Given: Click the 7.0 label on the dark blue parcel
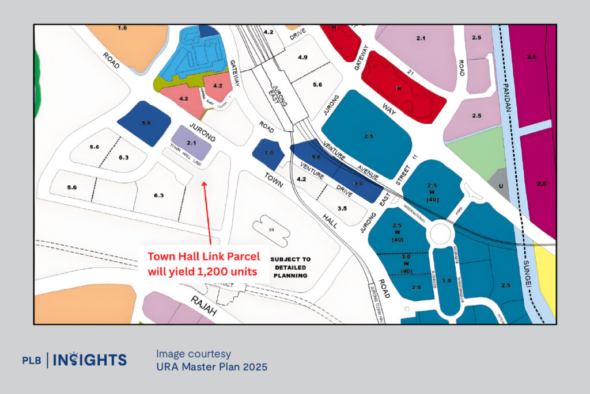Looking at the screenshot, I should click(x=269, y=153).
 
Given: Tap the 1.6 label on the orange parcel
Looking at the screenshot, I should click(x=122, y=28).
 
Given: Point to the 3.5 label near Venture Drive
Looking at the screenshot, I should click(x=326, y=209).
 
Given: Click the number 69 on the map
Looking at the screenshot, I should click(x=271, y=229).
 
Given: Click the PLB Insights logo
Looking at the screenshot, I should click(x=74, y=360).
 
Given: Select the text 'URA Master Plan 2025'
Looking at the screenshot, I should click(x=211, y=366).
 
